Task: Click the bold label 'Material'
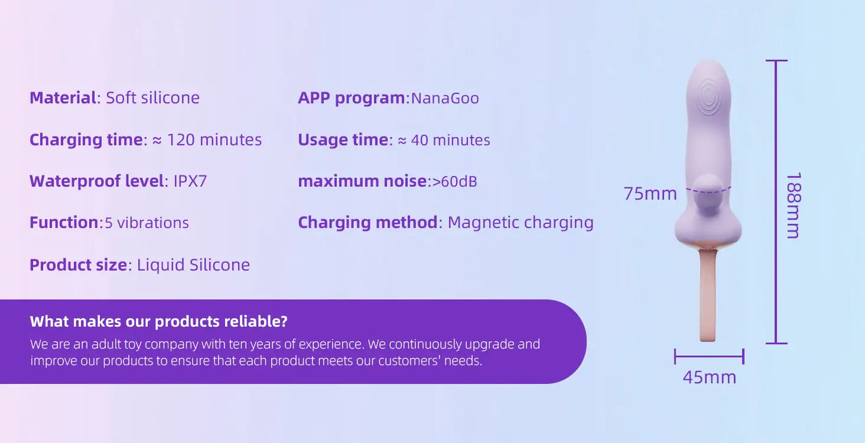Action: coord(63,98)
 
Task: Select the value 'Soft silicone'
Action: coord(153,98)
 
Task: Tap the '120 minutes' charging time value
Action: coord(214,140)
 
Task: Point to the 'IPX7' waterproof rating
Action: coord(190,181)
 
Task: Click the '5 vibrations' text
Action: coord(147,223)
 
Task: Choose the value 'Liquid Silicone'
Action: coord(193,265)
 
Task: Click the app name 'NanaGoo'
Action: coord(445,98)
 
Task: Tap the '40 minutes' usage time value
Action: coord(450,140)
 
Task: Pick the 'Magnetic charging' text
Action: coord(521,223)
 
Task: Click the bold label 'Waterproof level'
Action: coord(97,181)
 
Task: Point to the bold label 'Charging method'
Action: coord(368,223)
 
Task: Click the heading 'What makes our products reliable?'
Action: coord(159,321)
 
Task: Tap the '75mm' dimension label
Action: coord(650,193)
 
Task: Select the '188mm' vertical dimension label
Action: coord(794,205)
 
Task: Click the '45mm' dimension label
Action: coord(709,377)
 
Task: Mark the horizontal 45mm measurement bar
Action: coord(709,356)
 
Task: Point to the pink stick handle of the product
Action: coord(708,296)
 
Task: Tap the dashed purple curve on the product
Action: coord(709,191)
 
